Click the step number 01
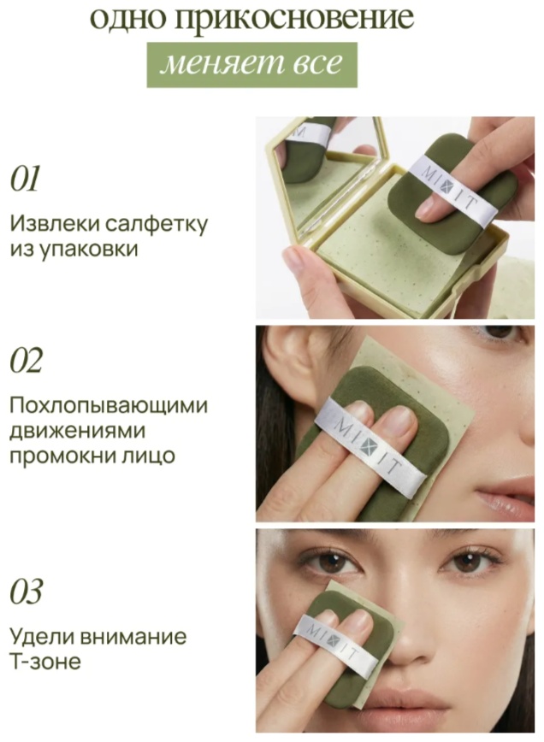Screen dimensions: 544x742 [26, 179]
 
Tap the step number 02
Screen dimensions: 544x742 [27, 360]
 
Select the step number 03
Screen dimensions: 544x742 [27, 592]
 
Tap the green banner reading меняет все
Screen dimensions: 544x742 [251, 64]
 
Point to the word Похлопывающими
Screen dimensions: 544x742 [109, 406]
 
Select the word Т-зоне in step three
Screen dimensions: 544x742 [45, 661]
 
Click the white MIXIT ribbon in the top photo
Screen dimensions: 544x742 [452, 191]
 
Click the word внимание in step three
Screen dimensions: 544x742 [134, 637]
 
